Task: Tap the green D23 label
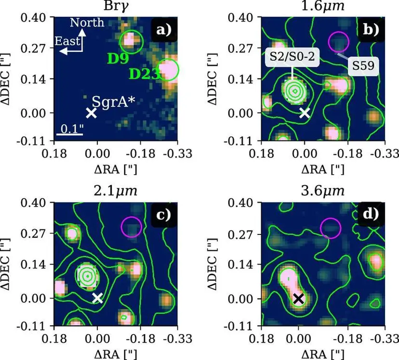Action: [145, 74]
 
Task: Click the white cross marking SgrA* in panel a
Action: [92, 113]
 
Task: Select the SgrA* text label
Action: [113, 102]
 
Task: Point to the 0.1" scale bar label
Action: [72, 129]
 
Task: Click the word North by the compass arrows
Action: [87, 23]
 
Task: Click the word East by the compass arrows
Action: [67, 41]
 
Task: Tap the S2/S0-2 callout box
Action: [292, 57]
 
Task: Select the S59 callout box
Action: [363, 66]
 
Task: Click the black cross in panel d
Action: [299, 299]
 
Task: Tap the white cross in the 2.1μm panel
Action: [97, 298]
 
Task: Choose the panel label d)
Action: [371, 214]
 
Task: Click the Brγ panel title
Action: [116, 6]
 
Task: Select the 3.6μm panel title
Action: [323, 191]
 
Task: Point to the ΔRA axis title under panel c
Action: [116, 354]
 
